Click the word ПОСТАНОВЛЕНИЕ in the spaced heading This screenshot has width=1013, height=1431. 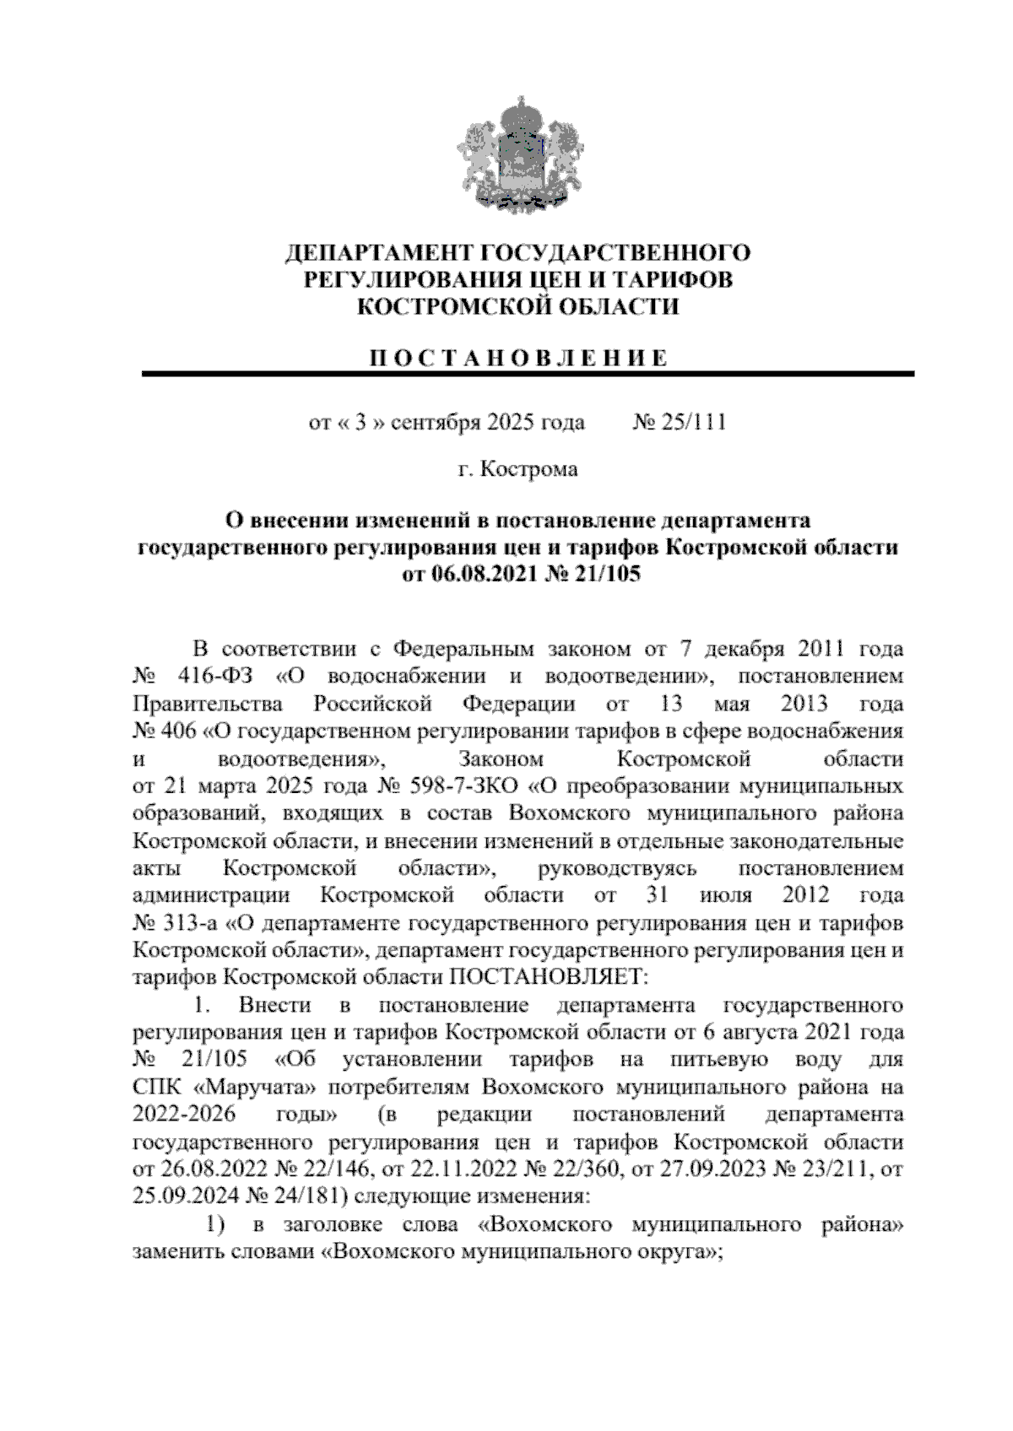[518, 357]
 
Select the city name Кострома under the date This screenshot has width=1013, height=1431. [529, 468]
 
